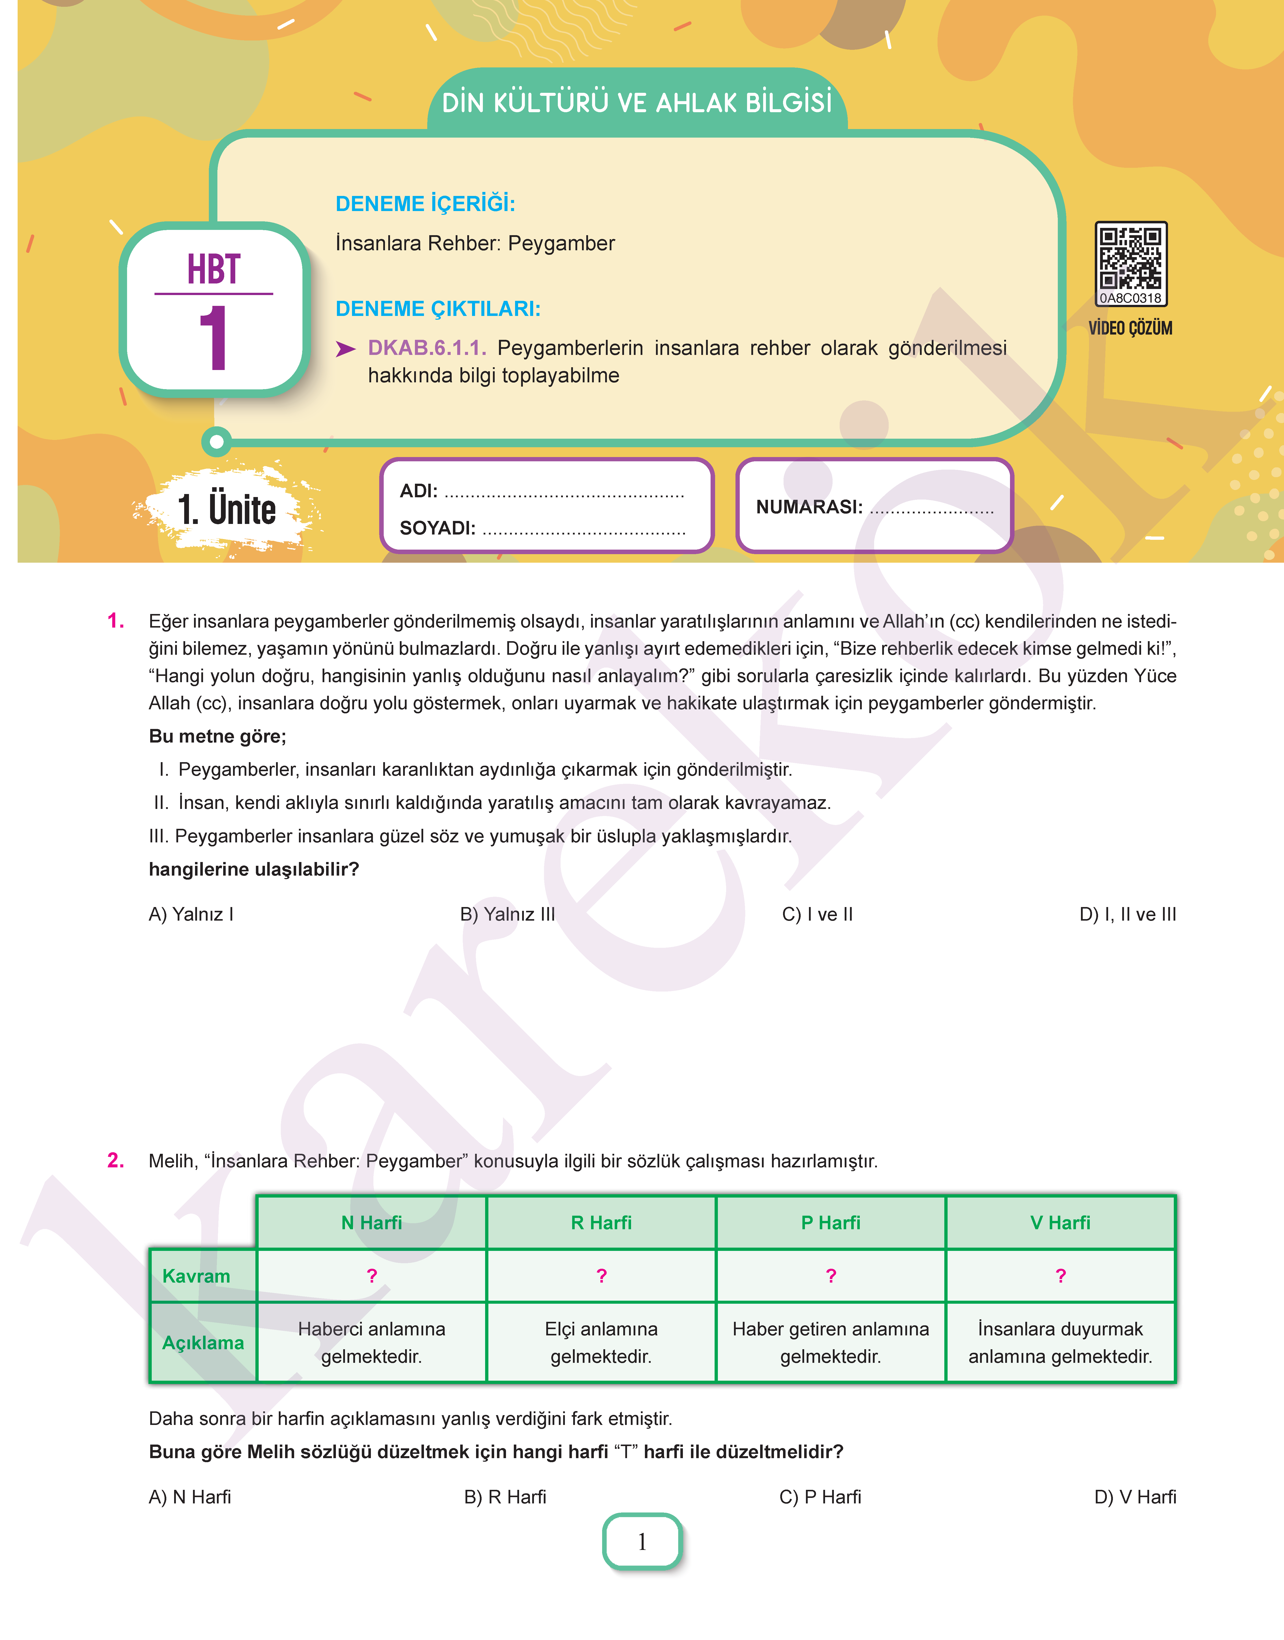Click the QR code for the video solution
pos(1130,259)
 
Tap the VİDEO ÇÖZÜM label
pos(1130,329)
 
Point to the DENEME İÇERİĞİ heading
pos(425,204)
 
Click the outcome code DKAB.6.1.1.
pos(426,348)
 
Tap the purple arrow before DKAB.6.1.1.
pos(345,349)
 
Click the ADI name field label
pos(418,491)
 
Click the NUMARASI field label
pos(809,507)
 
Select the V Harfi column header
pos(1060,1223)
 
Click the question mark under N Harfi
pos(371,1276)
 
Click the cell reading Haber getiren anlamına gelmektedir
pos(831,1342)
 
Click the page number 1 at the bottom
pos(642,1542)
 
